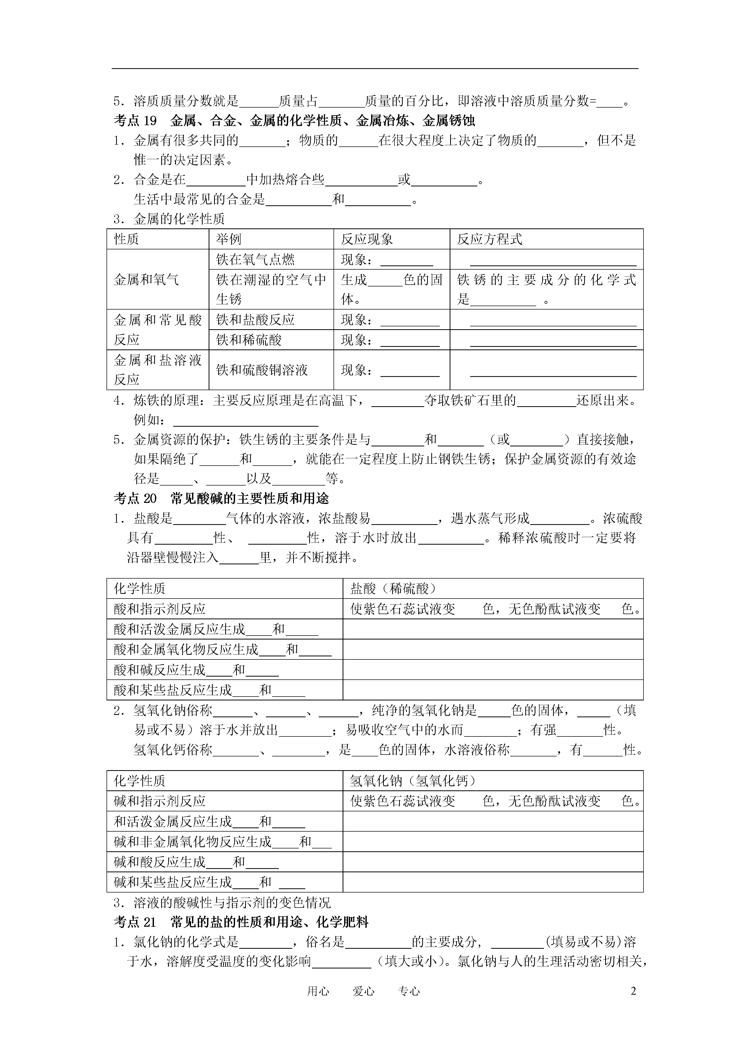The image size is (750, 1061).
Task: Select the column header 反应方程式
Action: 489,239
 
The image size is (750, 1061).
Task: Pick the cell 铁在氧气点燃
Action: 255,260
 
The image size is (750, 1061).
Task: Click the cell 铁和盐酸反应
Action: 255,320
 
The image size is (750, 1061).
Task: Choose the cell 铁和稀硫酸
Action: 249,340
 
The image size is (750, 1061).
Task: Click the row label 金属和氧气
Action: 146,280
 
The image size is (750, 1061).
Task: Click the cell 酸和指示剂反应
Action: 159,609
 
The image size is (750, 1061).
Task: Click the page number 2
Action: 633,991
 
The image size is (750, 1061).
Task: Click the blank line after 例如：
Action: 245,421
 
